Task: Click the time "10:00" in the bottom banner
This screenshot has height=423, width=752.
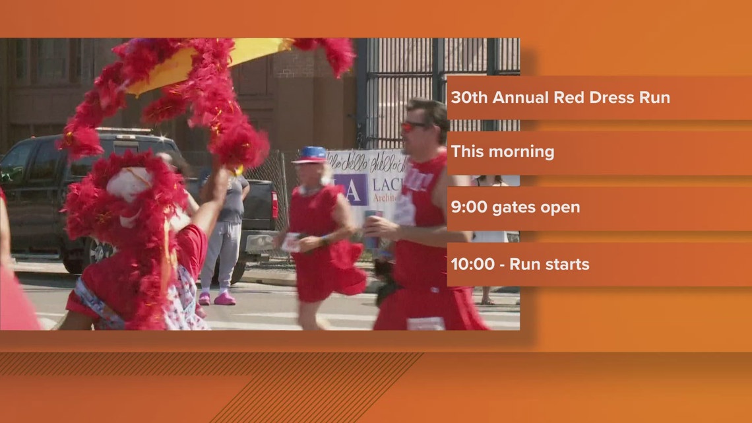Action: tap(472, 264)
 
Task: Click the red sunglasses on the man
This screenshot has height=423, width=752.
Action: tap(413, 126)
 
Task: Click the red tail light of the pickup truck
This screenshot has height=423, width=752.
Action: tap(274, 205)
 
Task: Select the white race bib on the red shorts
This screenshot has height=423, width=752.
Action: tap(425, 323)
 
